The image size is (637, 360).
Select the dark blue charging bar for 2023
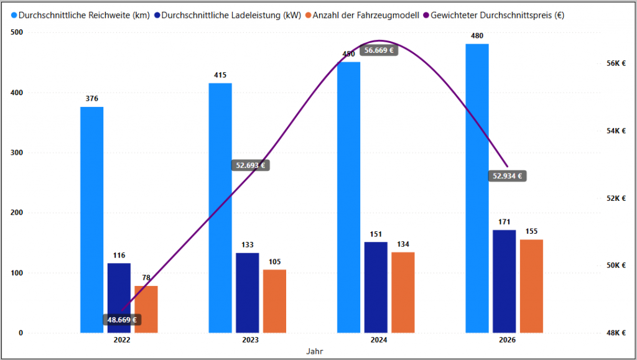pyautogui.click(x=248, y=292)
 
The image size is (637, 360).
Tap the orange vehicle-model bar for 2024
pyautogui.click(x=403, y=292)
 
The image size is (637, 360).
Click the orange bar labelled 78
pyautogui.click(x=146, y=309)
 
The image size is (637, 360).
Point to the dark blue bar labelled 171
pyautogui.click(x=504, y=281)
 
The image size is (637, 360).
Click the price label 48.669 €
pyautogui.click(x=122, y=320)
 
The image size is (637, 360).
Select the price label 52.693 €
pyautogui.click(x=251, y=165)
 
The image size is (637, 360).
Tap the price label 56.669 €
pyautogui.click(x=379, y=50)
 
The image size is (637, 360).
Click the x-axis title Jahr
pyautogui.click(x=314, y=351)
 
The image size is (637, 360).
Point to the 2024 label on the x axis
pyautogui.click(x=379, y=340)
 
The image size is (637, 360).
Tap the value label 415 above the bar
pyautogui.click(x=220, y=75)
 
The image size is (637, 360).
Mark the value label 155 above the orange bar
pyautogui.click(x=532, y=231)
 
